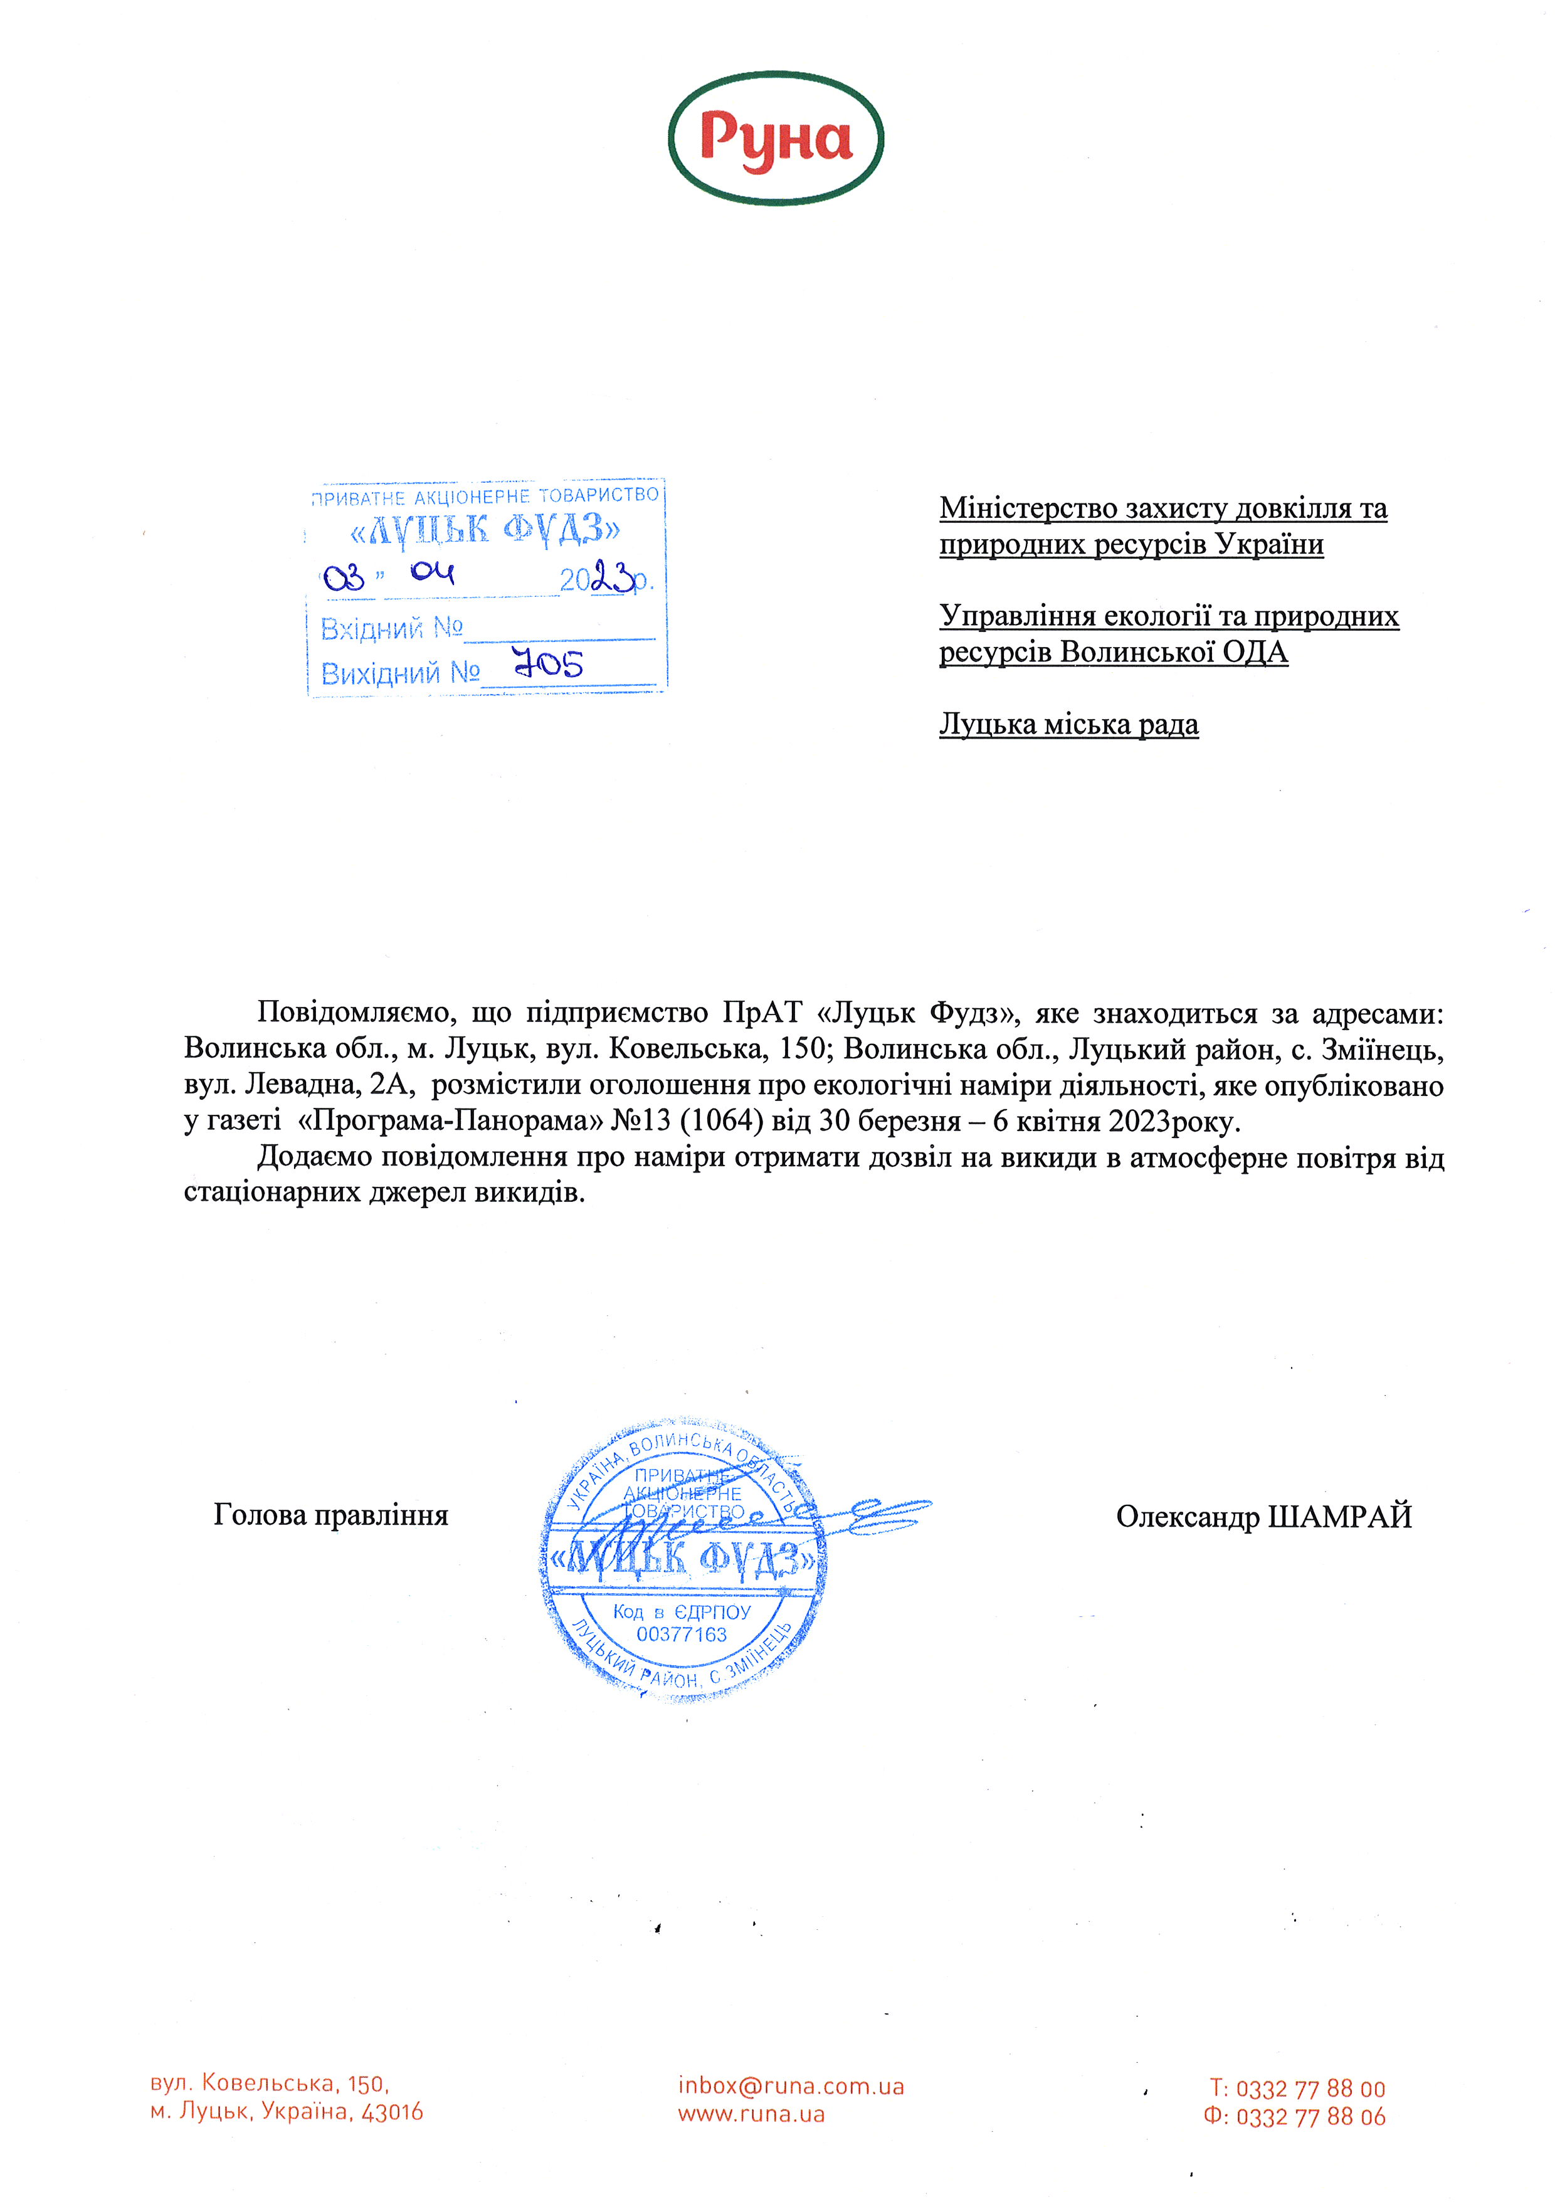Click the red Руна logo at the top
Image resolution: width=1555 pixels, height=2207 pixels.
pos(776,139)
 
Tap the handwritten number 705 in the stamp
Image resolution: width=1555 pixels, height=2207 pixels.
pos(548,663)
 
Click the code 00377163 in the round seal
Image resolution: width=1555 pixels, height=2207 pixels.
pos(682,1634)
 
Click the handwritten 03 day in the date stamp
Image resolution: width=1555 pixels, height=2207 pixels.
pos(344,577)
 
